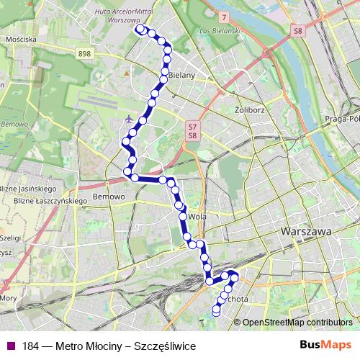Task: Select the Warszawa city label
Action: (x=307, y=232)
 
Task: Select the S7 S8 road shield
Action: (x=192, y=131)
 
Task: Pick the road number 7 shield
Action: (x=225, y=16)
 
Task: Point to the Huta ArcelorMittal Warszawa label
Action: (x=122, y=14)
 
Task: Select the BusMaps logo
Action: (x=325, y=346)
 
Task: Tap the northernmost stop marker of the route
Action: (x=140, y=30)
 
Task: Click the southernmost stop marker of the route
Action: (x=216, y=312)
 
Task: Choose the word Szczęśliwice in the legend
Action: (x=171, y=346)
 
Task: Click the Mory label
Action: (x=9, y=297)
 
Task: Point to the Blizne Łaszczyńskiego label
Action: (x=42, y=200)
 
